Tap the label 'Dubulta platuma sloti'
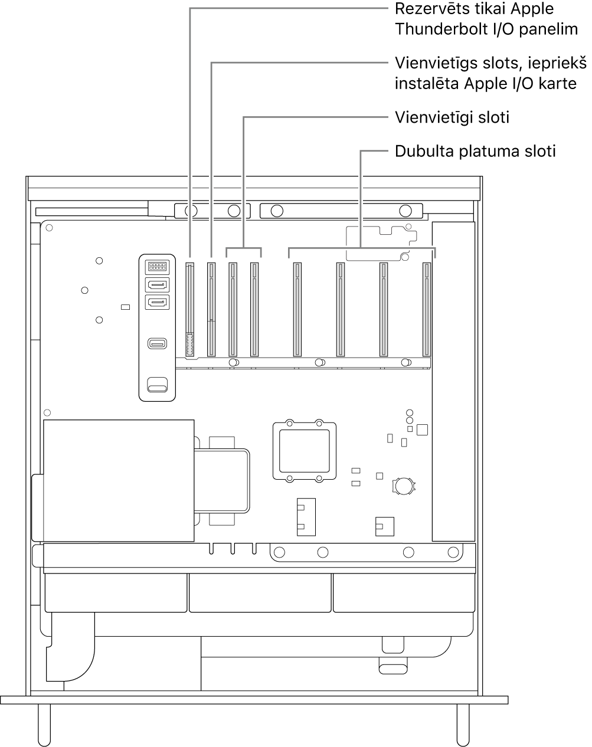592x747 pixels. point(475,152)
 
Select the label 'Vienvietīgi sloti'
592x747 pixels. point(452,117)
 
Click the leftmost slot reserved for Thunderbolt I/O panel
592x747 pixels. point(190,310)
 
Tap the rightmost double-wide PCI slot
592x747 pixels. point(427,310)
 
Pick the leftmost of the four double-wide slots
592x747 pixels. point(297,310)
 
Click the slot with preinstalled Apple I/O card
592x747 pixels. point(211,310)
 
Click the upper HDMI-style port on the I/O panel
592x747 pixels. point(157,285)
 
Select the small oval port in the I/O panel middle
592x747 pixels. point(157,343)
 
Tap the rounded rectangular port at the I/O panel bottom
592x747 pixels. point(157,386)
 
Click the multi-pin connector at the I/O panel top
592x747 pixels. point(157,266)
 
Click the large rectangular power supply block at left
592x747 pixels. point(119,480)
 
